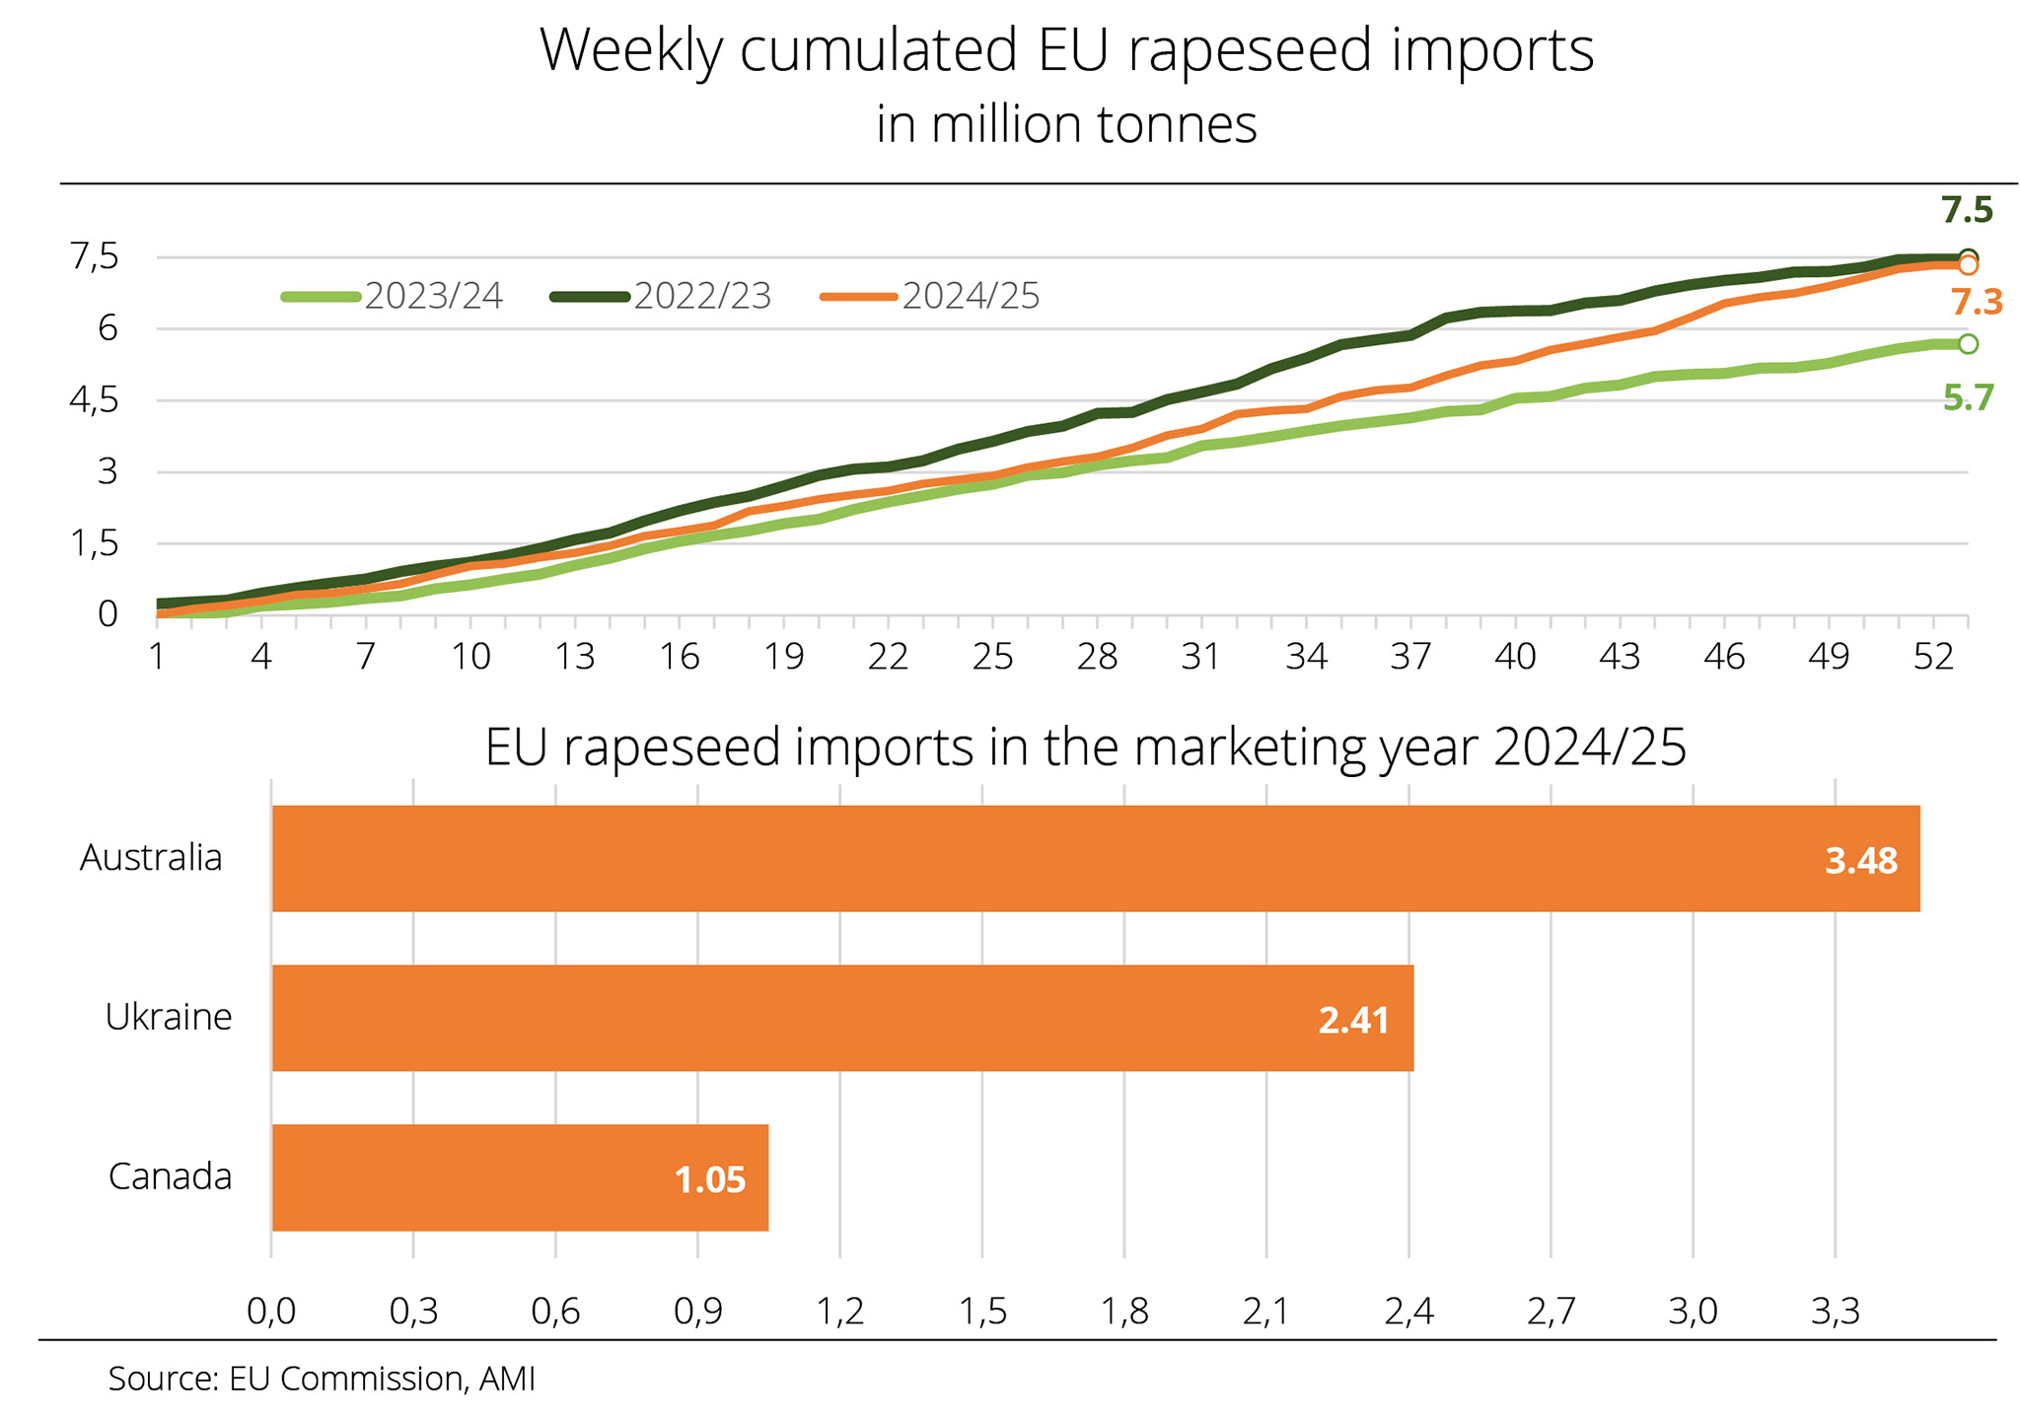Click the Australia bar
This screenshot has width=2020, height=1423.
tap(1095, 858)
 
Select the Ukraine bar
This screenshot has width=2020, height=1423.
tap(842, 1017)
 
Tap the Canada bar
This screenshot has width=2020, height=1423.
tap(520, 1176)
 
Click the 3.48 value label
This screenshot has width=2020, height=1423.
tap(1860, 861)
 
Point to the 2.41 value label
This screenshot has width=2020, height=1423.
tap(1353, 1021)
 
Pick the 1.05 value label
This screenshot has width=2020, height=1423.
tap(709, 1180)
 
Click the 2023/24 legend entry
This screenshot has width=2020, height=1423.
tap(393, 296)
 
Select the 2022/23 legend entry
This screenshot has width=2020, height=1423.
tap(661, 296)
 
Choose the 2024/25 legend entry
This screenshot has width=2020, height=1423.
tap(930, 296)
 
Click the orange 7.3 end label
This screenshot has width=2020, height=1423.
tap(1976, 303)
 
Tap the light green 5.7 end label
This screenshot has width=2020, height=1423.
tap(1968, 398)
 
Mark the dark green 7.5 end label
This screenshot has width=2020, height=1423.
tap(1967, 210)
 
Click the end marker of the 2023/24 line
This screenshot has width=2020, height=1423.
tap(1968, 343)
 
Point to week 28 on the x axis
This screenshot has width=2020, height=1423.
tap(1097, 657)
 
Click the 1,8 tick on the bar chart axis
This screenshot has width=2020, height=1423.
tap(1124, 1311)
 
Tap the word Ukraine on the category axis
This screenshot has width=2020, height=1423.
tap(169, 1017)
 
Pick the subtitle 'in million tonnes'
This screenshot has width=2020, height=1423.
tap(1066, 125)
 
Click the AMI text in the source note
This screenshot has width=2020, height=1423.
tap(507, 1378)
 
